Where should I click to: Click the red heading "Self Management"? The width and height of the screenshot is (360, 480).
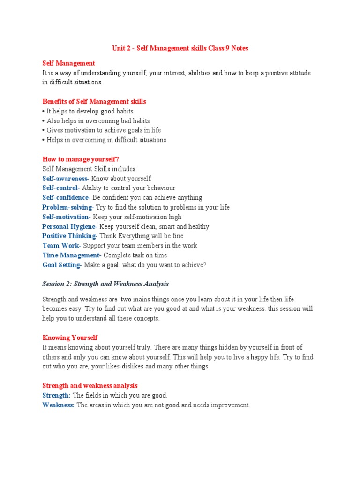coord(69,63)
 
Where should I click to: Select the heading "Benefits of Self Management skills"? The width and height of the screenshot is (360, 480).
coord(94,101)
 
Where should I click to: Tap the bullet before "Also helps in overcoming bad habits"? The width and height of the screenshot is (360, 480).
coord(44,121)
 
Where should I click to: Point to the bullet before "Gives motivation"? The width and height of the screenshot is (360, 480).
coord(44,130)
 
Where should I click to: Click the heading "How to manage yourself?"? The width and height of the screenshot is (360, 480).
coord(84,159)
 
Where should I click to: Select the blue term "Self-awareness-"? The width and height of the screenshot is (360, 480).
coord(65,179)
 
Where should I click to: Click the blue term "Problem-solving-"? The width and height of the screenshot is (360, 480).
coord(68,207)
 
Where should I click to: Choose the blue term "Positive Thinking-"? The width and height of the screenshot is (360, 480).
coord(70,236)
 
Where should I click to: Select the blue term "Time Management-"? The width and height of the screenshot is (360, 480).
coord(72,255)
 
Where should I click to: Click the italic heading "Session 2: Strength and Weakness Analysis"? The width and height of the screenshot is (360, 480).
coord(105,284)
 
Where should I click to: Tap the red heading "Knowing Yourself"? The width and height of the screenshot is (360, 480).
coord(70,337)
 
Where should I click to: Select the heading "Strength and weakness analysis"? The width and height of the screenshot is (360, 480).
coord(90,385)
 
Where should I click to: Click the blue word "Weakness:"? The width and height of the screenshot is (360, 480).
coord(59,405)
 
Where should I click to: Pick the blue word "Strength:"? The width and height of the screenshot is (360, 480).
coord(56,396)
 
